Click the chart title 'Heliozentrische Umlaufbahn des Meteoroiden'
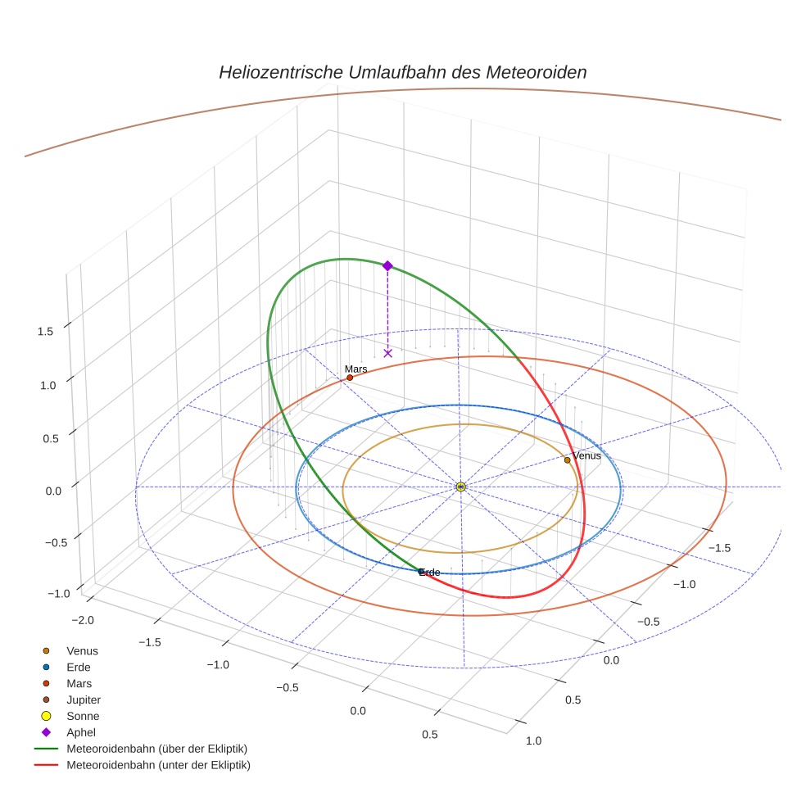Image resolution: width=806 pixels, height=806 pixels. click(402, 72)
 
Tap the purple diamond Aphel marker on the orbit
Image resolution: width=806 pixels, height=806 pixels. click(387, 265)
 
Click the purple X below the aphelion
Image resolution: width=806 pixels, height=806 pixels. click(387, 353)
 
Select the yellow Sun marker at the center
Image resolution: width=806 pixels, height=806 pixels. click(460, 487)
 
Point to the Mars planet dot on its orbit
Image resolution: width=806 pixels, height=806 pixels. click(350, 378)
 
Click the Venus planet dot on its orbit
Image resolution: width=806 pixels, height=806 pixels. click(567, 460)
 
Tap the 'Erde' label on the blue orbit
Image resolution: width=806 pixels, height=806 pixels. click(430, 572)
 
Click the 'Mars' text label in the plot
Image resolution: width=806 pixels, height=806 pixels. click(355, 369)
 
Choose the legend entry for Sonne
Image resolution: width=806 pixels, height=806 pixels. click(83, 716)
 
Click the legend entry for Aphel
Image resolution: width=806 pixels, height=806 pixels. click(81, 732)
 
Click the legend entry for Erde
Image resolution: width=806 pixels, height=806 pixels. click(79, 667)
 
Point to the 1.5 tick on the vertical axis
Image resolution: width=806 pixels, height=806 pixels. click(45, 331)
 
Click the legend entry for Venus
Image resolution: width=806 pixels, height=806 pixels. click(82, 650)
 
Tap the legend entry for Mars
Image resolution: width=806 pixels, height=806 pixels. click(79, 683)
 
